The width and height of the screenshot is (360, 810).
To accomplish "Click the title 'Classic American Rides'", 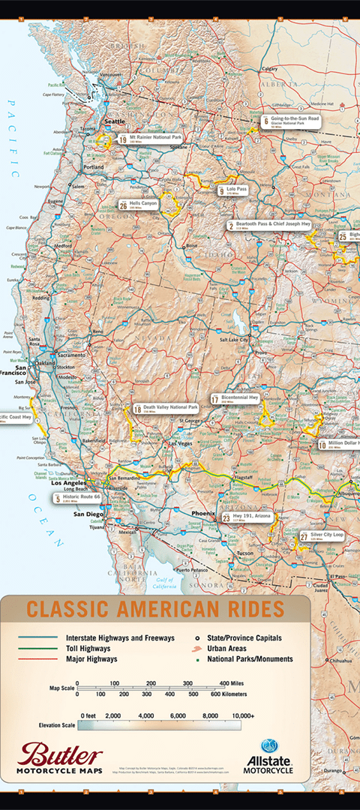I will (155, 608).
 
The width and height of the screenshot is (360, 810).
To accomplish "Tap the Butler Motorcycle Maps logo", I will (60, 759).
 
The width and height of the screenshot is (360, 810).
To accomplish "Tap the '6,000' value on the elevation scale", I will (177, 715).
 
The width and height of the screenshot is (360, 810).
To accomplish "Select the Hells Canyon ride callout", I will (138, 204).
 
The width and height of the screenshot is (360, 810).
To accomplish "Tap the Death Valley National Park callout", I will (166, 409).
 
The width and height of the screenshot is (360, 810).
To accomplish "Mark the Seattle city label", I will (115, 121).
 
